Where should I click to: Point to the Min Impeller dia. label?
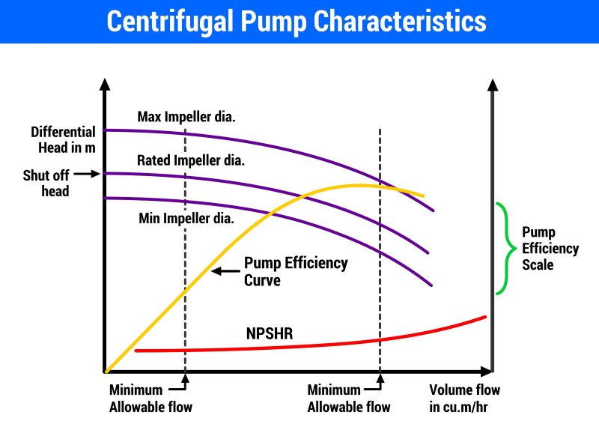click(x=186, y=219)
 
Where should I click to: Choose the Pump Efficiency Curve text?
click(x=296, y=271)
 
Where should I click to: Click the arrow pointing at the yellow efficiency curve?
click(x=225, y=270)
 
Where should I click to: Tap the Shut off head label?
click(x=46, y=183)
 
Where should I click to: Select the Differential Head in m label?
click(x=63, y=139)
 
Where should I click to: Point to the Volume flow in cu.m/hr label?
click(x=464, y=398)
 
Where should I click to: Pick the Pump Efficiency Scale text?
click(x=550, y=248)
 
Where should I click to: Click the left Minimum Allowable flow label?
click(x=150, y=399)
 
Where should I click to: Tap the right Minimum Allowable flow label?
click(x=349, y=399)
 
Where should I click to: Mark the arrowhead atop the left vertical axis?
click(x=106, y=83)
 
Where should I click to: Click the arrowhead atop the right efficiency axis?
click(x=492, y=83)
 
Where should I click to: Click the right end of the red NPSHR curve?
click(x=485, y=317)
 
